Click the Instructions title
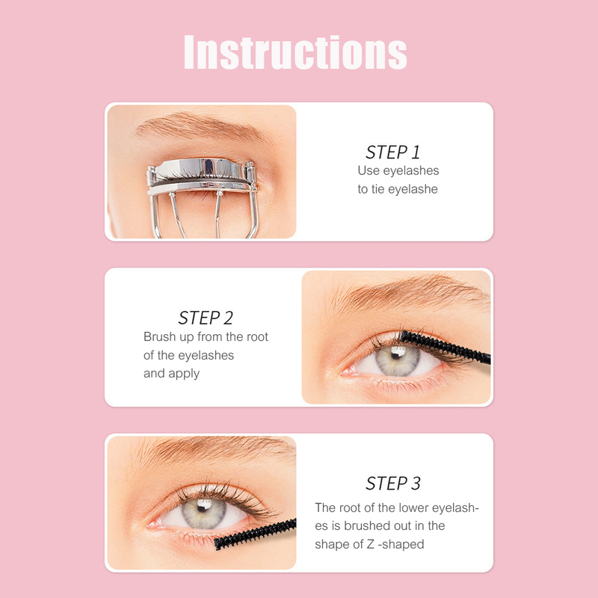tap(295, 52)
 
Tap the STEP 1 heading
tap(393, 152)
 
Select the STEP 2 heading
tap(206, 318)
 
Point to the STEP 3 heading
tap(393, 483)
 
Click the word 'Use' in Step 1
tap(369, 170)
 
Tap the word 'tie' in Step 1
tap(378, 189)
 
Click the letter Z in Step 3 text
tap(371, 544)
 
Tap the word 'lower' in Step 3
tap(413, 508)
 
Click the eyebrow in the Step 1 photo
tap(202, 126)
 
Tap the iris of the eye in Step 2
tap(398, 360)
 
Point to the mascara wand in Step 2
tap(445, 347)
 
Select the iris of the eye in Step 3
tap(204, 513)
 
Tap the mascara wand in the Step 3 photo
tap(255, 534)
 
